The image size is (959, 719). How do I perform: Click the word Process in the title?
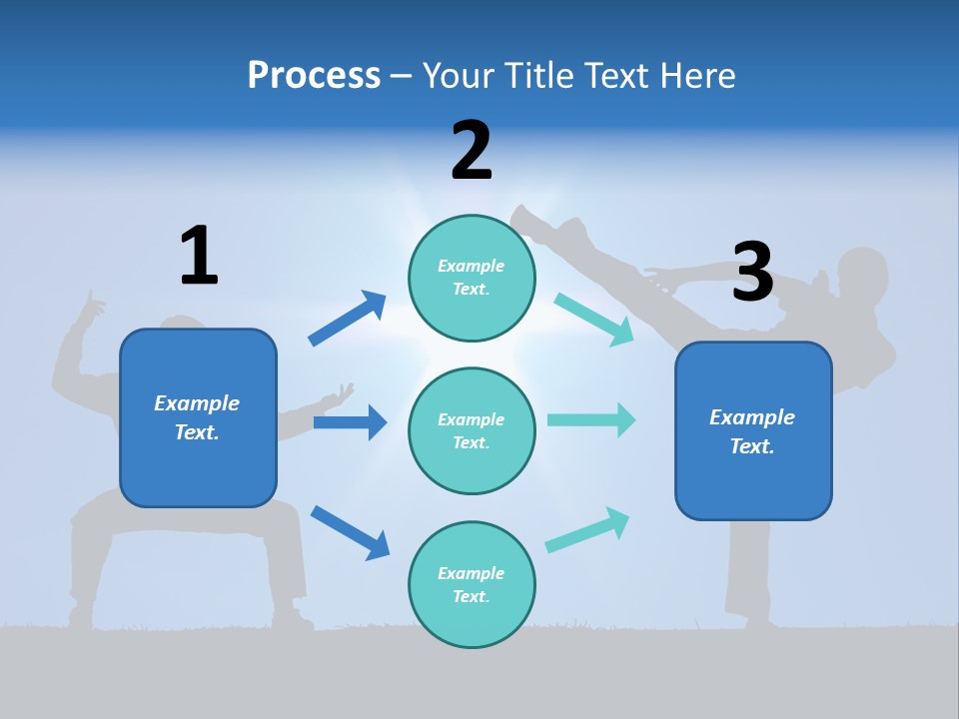coord(314,75)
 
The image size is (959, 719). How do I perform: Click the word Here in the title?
coord(691,75)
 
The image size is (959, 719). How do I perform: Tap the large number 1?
coord(199,256)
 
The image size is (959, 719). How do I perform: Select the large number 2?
coord(472,151)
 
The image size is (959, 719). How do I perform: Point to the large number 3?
coord(752,272)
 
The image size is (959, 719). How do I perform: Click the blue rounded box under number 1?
coord(198,417)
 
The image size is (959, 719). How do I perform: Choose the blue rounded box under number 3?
coord(753,431)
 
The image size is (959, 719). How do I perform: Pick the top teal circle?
coord(472,278)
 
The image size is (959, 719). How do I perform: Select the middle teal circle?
coord(472,430)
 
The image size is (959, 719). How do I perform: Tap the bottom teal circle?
coord(472,584)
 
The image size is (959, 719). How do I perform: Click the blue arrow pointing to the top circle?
coord(348,318)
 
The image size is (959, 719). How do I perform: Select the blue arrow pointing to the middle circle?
coord(350,422)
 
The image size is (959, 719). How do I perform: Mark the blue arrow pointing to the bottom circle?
coord(350,531)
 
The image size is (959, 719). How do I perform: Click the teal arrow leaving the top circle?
coord(594,319)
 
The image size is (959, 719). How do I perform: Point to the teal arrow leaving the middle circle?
coord(591,419)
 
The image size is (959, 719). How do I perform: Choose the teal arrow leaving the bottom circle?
coord(588,529)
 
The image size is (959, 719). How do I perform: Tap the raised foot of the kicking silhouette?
coord(522,218)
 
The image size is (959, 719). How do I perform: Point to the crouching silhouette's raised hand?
coord(92,304)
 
